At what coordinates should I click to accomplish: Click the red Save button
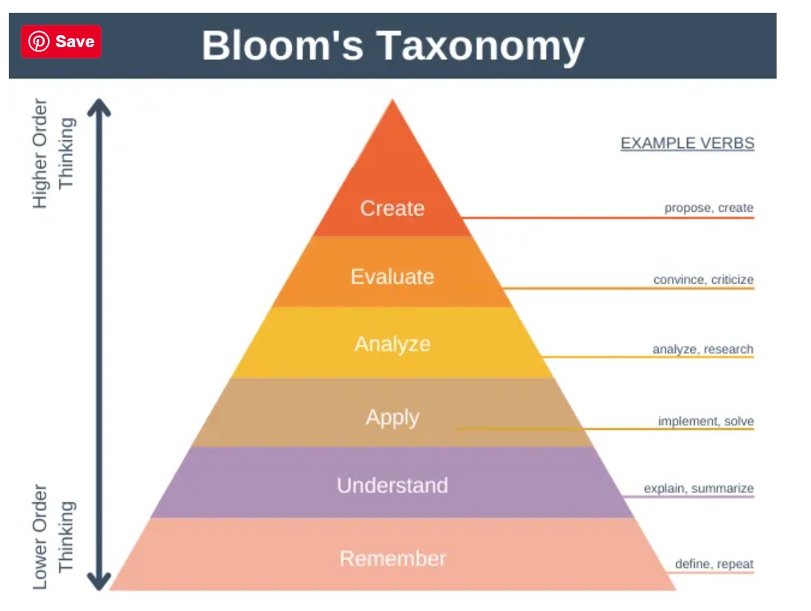62,42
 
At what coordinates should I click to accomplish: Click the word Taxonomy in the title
481,46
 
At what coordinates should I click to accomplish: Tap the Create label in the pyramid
392,209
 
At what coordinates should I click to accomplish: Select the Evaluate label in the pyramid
392,277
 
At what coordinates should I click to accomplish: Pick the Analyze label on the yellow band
392,344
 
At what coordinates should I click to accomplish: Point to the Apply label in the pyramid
392,417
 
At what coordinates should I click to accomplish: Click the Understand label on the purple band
392,485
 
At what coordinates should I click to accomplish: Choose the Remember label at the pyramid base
392,558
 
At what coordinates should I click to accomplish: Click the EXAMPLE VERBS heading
687,143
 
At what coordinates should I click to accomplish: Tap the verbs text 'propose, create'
709,208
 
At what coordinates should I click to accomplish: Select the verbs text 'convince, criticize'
703,280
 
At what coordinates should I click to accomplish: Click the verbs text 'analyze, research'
702,349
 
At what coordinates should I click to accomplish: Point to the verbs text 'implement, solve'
705,421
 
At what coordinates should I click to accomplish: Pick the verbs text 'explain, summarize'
698,489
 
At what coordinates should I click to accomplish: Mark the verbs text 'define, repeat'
713,564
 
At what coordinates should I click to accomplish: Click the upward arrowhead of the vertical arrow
99,107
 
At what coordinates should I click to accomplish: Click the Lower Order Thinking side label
53,536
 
